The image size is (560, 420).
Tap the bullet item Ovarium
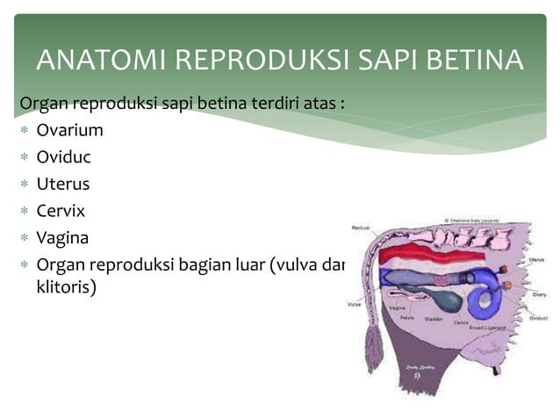coord(69,131)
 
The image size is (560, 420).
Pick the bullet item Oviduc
coord(63,157)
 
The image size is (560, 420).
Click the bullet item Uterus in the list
coord(62,185)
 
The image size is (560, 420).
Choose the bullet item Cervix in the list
coord(61,211)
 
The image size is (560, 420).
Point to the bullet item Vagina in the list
coord(62,238)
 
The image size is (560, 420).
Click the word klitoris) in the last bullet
coord(66,286)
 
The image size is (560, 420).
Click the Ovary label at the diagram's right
coord(539,294)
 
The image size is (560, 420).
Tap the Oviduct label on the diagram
coord(538,319)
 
